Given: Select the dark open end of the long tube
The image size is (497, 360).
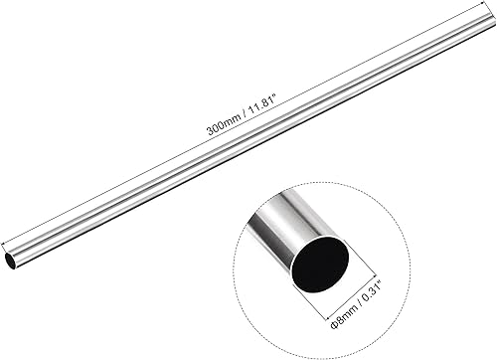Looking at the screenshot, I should [x=10, y=260].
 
